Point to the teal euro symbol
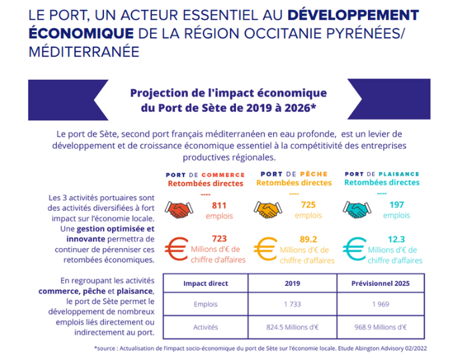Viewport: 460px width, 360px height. coord(355,249)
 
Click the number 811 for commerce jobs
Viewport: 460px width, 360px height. coord(219,205)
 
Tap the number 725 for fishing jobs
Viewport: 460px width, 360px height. coord(307,205)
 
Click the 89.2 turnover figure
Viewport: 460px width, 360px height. coord(307,239)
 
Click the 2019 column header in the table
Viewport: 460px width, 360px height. coord(293,283)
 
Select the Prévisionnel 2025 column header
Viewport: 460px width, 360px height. coord(380,283)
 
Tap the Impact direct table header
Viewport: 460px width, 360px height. coord(206,283)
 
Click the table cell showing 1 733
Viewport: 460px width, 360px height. coord(293,305)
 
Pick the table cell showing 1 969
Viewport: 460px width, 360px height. coord(380,305)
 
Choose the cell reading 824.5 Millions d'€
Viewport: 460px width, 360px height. coord(293,327)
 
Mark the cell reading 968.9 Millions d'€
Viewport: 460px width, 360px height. coord(380,327)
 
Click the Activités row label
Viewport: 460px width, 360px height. coord(206,327)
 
